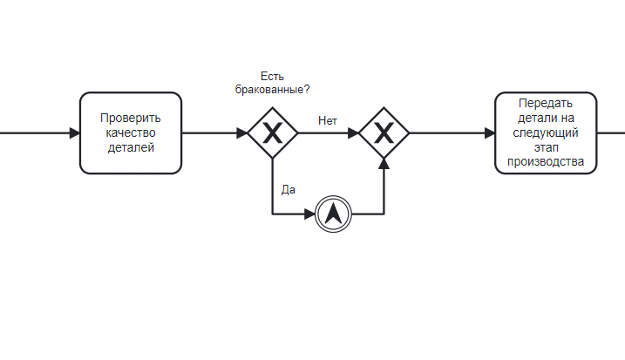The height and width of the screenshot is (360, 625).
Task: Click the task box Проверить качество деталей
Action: click(131, 133)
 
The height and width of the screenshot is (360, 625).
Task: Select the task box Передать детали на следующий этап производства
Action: click(546, 133)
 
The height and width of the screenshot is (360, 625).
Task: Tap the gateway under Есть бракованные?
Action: click(273, 133)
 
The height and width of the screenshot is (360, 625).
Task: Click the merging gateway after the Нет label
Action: click(384, 133)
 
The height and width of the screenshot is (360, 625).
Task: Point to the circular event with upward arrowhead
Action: click(332, 214)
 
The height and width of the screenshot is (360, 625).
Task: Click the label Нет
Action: click(328, 121)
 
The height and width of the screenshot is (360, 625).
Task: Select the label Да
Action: click(289, 188)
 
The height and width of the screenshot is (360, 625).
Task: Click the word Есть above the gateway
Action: click(273, 76)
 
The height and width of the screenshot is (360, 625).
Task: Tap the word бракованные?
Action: click(273, 90)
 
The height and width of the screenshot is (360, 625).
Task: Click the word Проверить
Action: click(131, 119)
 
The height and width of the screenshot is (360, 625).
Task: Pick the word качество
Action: click(131, 133)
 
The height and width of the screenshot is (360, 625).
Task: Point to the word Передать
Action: click(546, 103)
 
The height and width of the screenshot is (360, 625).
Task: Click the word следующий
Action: click(546, 133)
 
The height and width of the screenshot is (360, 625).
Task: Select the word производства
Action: click(546, 163)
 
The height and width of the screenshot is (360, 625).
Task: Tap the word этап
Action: click(546, 148)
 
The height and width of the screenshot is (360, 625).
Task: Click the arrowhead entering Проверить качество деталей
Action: click(74, 133)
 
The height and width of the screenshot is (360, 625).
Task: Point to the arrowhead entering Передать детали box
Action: click(489, 133)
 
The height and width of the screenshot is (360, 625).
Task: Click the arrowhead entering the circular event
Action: click(309, 214)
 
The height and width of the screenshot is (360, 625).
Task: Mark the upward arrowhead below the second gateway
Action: click(384, 164)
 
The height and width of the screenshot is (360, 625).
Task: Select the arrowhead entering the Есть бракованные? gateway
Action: click(241, 133)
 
